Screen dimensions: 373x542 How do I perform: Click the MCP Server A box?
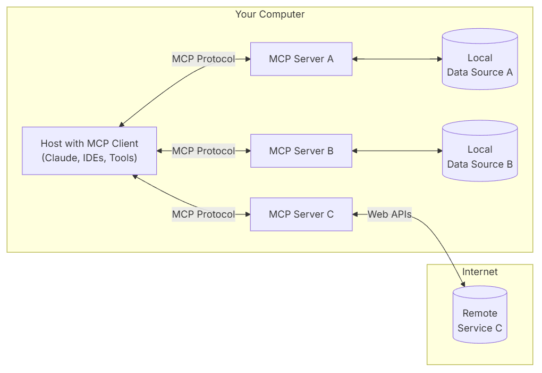pyautogui.click(x=301, y=59)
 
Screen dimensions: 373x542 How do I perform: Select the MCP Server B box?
pyautogui.click(x=301, y=151)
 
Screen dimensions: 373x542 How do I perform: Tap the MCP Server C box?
pyautogui.click(x=301, y=214)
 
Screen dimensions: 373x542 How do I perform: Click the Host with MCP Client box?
pyautogui.click(x=89, y=151)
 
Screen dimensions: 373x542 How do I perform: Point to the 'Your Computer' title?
pyautogui.click(x=270, y=14)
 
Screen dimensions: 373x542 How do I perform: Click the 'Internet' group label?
pyautogui.click(x=480, y=272)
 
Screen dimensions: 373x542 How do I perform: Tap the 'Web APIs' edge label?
pyautogui.click(x=389, y=214)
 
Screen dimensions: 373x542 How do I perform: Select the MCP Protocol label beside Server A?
pyautogui.click(x=203, y=59)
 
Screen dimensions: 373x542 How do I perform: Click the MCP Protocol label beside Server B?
pyautogui.click(x=203, y=151)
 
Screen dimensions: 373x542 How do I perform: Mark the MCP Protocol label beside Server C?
pyautogui.click(x=203, y=214)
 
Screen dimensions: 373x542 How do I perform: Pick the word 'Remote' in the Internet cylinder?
pyautogui.click(x=480, y=313)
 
